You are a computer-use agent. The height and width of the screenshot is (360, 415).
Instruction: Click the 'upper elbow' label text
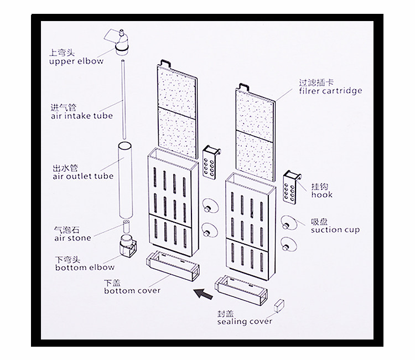coord(80,61)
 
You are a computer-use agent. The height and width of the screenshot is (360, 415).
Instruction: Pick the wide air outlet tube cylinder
coord(124,180)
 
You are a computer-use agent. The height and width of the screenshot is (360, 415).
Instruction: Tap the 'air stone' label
coord(72,238)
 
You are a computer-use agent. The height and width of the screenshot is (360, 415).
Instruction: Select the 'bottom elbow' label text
coord(85,268)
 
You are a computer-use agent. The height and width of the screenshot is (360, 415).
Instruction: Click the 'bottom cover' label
coord(132,290)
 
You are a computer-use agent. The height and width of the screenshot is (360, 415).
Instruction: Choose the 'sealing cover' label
coord(245,322)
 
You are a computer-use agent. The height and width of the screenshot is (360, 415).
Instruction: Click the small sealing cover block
coord(278,305)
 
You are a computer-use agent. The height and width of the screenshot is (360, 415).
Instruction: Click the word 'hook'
coord(322,195)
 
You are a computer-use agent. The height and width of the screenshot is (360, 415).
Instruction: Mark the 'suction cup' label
coord(335,230)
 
